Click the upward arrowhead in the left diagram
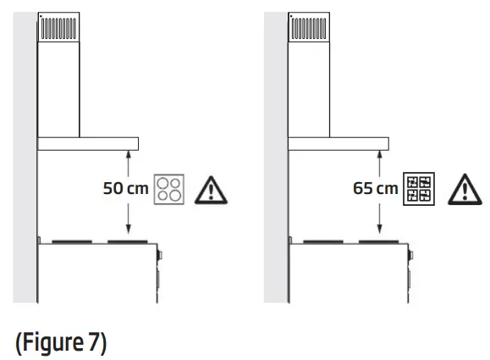click(x=127, y=154)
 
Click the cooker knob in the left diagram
click(x=158, y=255)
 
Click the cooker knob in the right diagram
click(x=410, y=255)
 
